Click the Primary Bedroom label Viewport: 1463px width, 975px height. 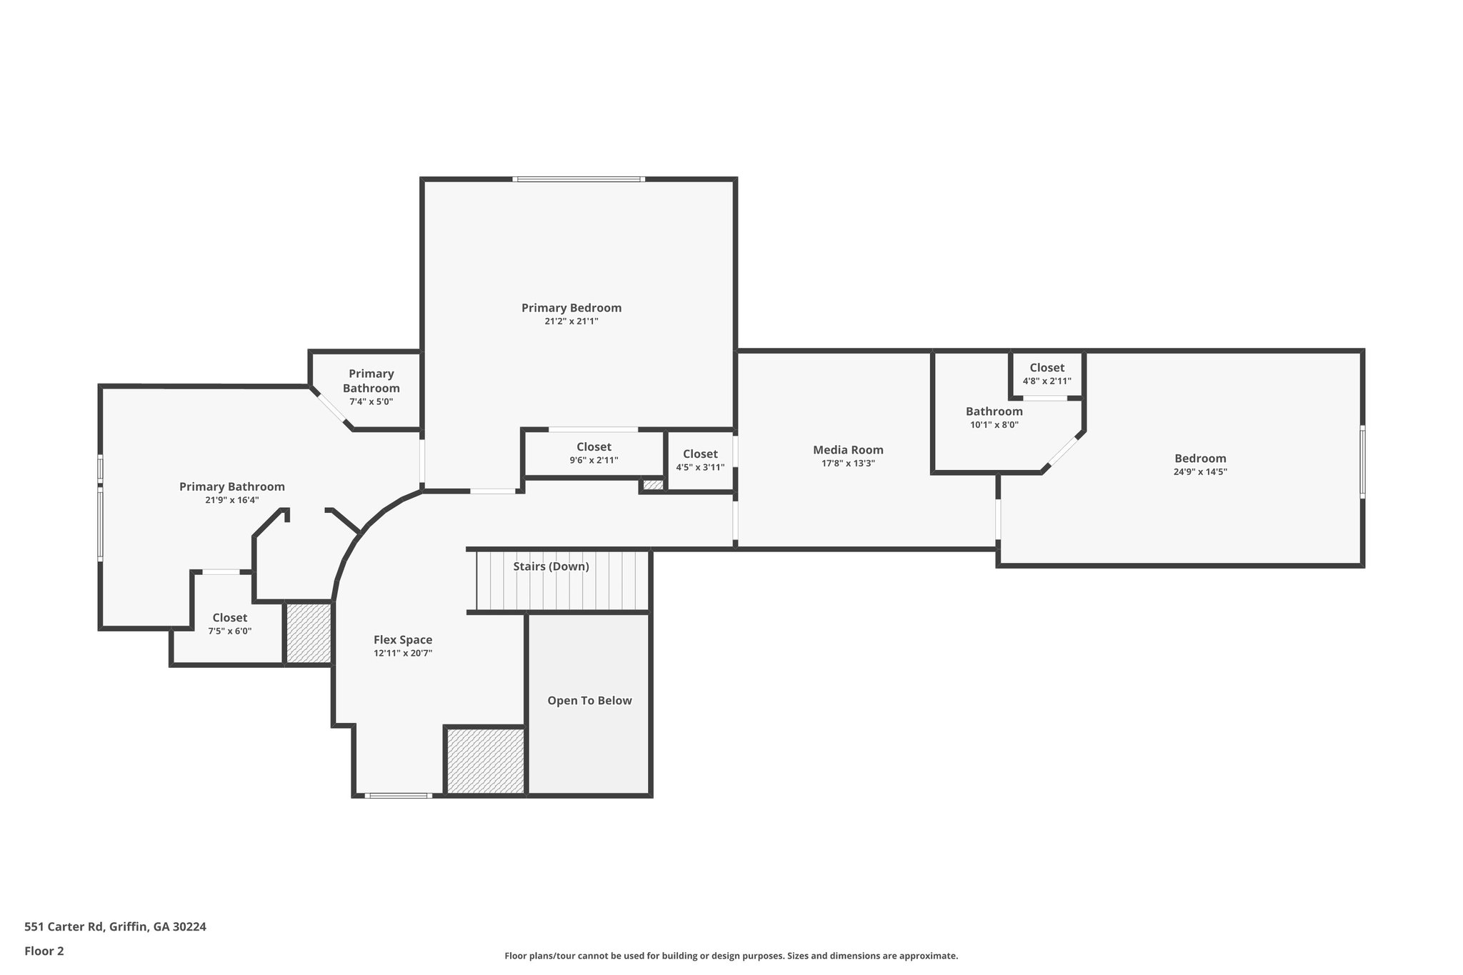tap(571, 308)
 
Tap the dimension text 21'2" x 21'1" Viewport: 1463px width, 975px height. tap(571, 321)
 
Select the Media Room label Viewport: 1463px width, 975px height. tap(848, 450)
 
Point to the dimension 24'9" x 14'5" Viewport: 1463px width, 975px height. tap(1200, 471)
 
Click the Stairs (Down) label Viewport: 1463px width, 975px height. tap(551, 566)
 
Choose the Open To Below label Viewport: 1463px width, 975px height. tap(589, 701)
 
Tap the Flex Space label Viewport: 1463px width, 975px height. tap(403, 640)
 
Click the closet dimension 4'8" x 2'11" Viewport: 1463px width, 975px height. tap(1047, 381)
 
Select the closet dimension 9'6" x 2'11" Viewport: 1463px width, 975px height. tap(594, 460)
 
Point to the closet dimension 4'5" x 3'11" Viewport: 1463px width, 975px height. tap(700, 467)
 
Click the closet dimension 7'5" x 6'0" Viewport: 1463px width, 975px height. tap(229, 631)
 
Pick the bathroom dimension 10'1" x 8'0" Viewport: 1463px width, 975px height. tap(994, 424)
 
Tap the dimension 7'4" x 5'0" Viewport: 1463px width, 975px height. tap(371, 401)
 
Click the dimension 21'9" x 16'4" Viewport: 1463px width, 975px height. tap(231, 500)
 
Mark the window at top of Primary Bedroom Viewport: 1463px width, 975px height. tap(579, 179)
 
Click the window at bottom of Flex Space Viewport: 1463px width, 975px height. tap(398, 795)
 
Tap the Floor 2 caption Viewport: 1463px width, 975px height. tap(44, 951)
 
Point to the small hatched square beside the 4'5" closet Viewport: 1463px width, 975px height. tap(652, 485)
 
